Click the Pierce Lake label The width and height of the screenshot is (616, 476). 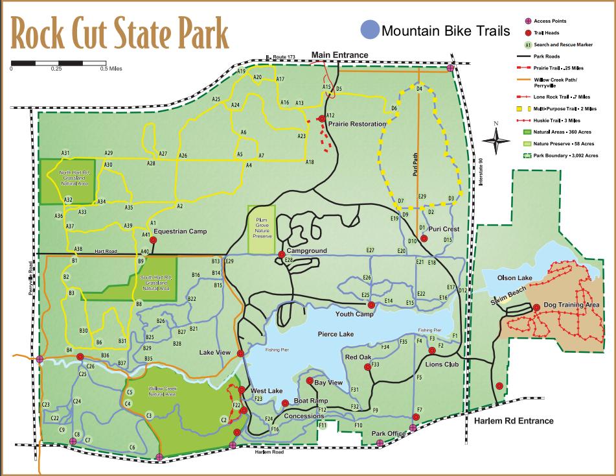pyautogui.click(x=336, y=334)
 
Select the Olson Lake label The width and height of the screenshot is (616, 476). pyautogui.click(x=514, y=278)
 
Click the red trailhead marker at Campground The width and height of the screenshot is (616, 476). pyautogui.click(x=281, y=254)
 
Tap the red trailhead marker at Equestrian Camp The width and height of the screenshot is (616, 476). pyautogui.click(x=154, y=239)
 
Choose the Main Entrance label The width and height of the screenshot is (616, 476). pyautogui.click(x=340, y=54)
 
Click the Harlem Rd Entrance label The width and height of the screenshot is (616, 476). pyautogui.click(x=514, y=421)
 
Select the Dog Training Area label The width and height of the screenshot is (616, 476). pyautogui.click(x=571, y=305)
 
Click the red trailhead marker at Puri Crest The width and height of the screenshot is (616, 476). pyautogui.click(x=424, y=239)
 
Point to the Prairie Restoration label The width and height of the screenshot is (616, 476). pyautogui.click(x=356, y=124)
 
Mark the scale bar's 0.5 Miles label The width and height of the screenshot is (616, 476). pyautogui.click(x=111, y=68)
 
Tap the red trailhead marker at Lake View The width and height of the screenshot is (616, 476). pyautogui.click(x=241, y=353)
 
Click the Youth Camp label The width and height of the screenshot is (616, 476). pyautogui.click(x=354, y=314)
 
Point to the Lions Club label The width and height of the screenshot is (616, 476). pyautogui.click(x=442, y=364)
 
